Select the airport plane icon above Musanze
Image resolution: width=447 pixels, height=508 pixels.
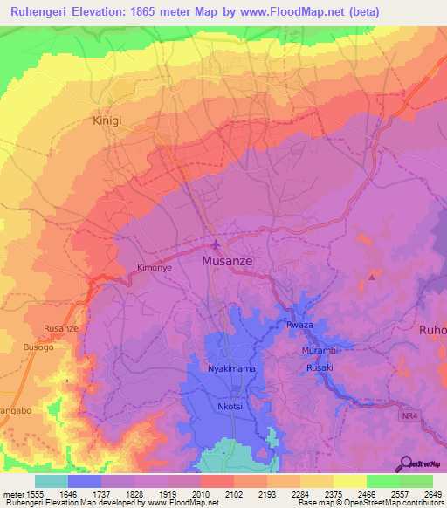tap(215, 244)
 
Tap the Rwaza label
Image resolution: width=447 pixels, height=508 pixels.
tap(299, 326)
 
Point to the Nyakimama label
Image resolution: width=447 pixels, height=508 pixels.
tap(231, 369)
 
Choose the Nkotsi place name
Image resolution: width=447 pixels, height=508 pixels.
tap(230, 407)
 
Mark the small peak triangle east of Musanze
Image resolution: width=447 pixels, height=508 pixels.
tap(373, 277)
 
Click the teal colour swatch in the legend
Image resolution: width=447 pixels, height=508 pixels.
tap(52, 481)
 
